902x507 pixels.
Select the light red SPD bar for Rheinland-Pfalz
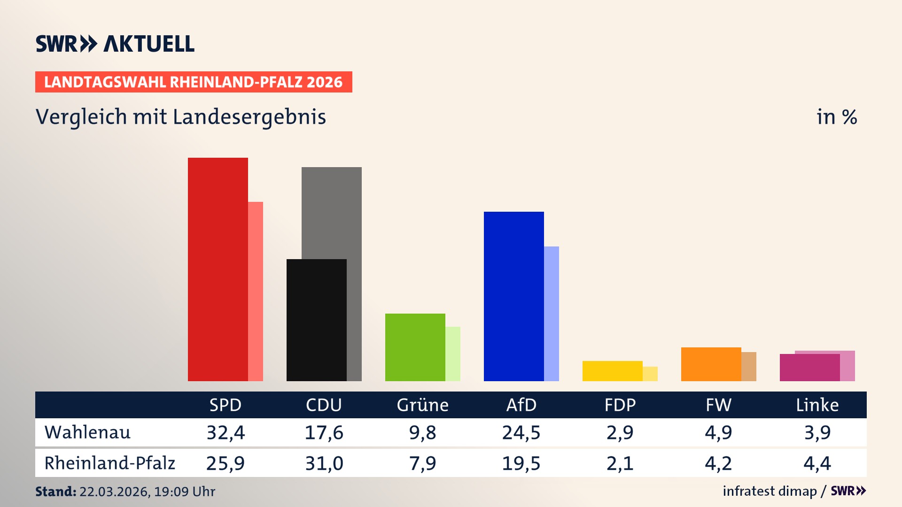pyautogui.click(x=256, y=291)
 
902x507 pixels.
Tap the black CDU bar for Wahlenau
pyautogui.click(x=316, y=320)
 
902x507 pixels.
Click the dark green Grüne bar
pyautogui.click(x=415, y=347)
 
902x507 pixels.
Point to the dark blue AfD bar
pyautogui.click(x=513, y=296)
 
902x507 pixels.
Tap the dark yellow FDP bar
pyautogui.click(x=612, y=371)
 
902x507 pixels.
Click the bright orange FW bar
pyautogui.click(x=711, y=364)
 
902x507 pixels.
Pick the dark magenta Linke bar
pyautogui.click(x=809, y=368)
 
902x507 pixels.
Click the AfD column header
pyautogui.click(x=521, y=405)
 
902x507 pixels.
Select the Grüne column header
pyautogui.click(x=422, y=405)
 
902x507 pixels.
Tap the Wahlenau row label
pyautogui.click(x=87, y=432)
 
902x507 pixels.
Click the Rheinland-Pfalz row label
pyautogui.click(x=109, y=463)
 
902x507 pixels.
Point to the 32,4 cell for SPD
pyautogui.click(x=225, y=432)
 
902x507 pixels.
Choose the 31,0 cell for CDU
pyautogui.click(x=324, y=463)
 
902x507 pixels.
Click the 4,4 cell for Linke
pyautogui.click(x=817, y=463)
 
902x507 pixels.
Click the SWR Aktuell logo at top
pyautogui.click(x=115, y=44)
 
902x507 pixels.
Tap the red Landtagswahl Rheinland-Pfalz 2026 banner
pyautogui.click(x=194, y=82)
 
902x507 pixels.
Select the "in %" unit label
pyautogui.click(x=836, y=117)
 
